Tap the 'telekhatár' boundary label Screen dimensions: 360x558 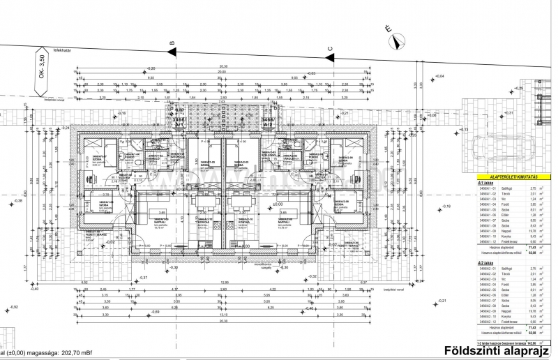65,50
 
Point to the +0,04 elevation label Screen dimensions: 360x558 439,76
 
